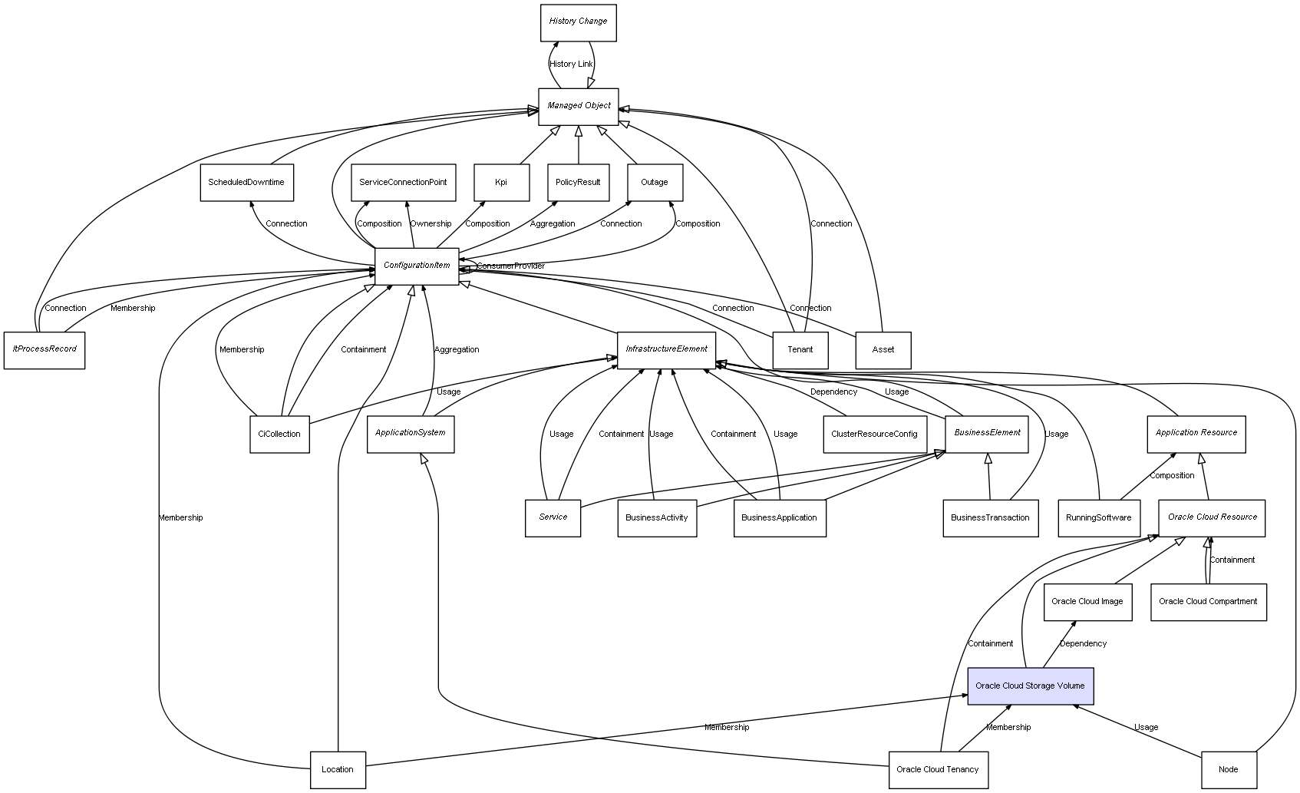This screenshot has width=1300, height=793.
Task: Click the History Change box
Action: [578, 23]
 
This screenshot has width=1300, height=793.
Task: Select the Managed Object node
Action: [578, 107]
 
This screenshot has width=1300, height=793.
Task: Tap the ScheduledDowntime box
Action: [246, 183]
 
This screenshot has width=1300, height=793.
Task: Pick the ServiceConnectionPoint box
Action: [404, 183]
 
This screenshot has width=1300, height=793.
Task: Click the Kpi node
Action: [501, 183]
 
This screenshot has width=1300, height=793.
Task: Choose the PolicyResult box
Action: [578, 183]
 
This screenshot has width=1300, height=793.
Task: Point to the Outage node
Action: [655, 183]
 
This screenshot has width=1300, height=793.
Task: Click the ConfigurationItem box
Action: [417, 266]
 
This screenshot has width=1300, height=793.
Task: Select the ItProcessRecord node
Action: [45, 350]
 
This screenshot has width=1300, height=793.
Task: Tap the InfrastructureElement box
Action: [666, 350]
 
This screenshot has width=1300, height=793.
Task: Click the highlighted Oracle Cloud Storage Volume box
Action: [1030, 686]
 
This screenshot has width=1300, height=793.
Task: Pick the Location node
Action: [338, 770]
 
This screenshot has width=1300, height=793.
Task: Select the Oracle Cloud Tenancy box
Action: [938, 770]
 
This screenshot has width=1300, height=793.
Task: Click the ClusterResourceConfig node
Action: [875, 434]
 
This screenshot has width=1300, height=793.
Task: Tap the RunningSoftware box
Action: [1099, 518]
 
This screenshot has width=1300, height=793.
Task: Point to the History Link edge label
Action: [571, 64]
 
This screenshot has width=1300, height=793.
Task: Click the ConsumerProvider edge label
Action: [511, 266]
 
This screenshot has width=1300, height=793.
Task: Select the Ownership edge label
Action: [431, 223]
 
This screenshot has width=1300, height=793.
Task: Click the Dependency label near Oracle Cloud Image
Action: [1083, 643]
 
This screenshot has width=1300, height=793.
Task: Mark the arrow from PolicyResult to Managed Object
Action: [578, 145]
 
